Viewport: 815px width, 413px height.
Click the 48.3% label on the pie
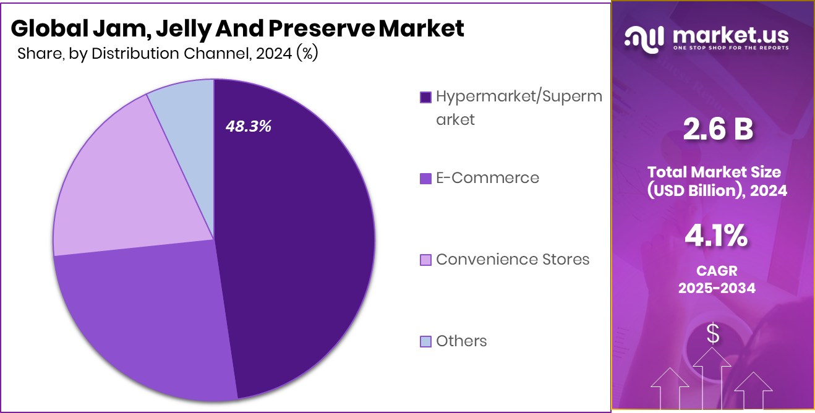tap(249, 127)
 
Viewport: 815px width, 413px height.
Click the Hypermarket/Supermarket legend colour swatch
tap(425, 97)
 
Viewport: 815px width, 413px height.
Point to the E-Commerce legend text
tap(487, 178)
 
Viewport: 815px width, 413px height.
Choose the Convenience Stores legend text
tap(513, 259)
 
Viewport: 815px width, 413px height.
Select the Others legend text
tap(461, 341)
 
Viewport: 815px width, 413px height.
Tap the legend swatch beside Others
tap(425, 341)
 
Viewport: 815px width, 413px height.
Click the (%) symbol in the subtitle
tap(307, 53)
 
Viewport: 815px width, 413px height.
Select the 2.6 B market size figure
tap(717, 130)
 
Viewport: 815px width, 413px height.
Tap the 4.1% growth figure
tap(717, 236)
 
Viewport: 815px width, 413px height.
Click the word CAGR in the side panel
tap(717, 271)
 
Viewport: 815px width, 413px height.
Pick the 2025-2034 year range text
tap(717, 287)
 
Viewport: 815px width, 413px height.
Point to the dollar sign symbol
tap(714, 334)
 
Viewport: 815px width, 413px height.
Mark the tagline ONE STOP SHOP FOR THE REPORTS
tap(731, 48)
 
